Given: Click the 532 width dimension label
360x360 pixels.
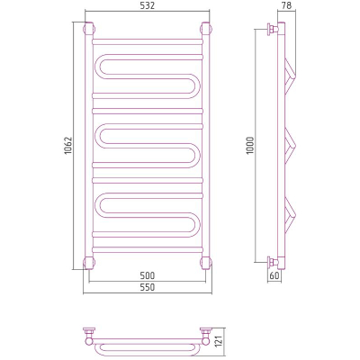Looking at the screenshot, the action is click(147, 5).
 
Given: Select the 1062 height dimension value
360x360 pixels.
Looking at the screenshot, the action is click(68, 146).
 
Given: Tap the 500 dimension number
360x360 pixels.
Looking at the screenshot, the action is click(147, 275).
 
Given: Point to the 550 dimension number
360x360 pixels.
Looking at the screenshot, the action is click(147, 287).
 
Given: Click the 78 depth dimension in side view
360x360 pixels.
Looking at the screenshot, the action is click(286, 5).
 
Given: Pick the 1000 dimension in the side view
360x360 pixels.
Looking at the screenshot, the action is click(250, 146).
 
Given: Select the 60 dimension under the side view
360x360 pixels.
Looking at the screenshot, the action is click(274, 275).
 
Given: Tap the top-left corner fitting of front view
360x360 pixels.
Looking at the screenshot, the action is click(89, 29).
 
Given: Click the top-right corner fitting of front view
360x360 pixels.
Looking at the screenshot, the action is click(206, 29).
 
